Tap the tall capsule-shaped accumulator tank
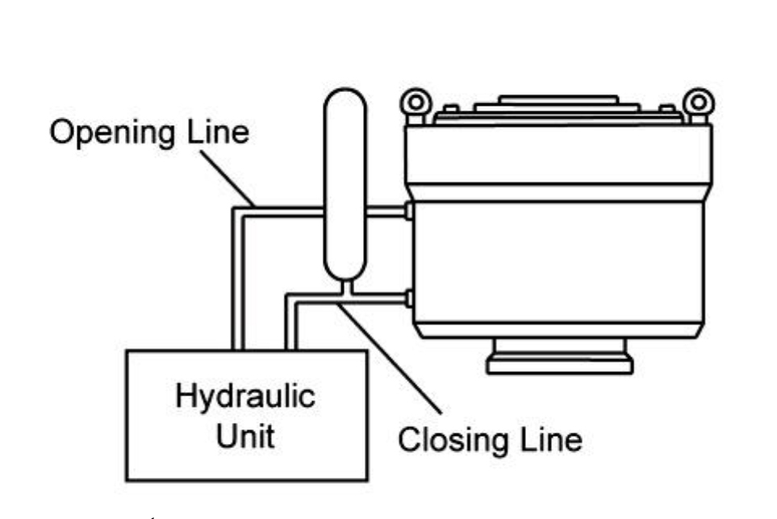(x=345, y=186)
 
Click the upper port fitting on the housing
(x=408, y=211)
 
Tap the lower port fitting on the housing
(x=408, y=299)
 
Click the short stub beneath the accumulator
(x=345, y=287)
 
